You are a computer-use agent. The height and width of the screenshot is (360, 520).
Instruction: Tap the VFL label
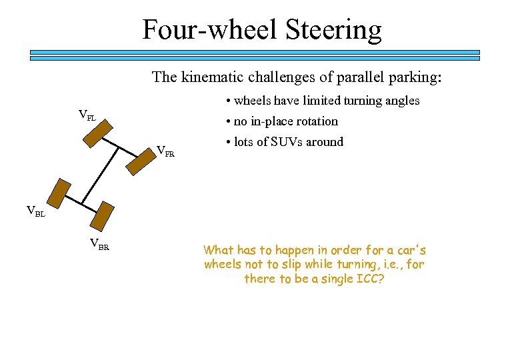tap(87, 115)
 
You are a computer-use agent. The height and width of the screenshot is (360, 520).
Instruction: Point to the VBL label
tap(35, 212)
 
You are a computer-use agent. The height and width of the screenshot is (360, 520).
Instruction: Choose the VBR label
tap(99, 244)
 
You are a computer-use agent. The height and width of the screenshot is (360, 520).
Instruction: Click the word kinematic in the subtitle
tap(209, 77)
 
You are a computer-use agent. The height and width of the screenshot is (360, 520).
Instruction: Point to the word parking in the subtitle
tap(415, 77)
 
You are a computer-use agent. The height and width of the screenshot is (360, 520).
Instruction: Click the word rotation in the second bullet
tap(313, 121)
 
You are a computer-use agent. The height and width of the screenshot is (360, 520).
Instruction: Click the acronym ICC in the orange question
tap(368, 279)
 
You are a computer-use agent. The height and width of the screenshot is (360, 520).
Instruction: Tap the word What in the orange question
tap(219, 251)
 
